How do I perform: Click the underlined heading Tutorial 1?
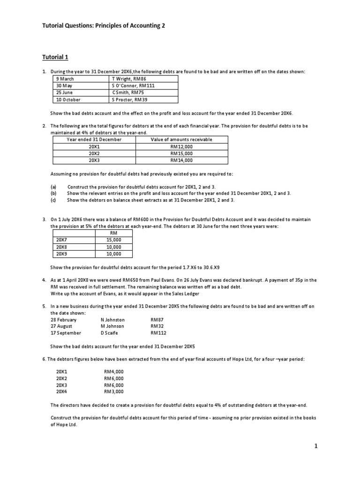click(56, 57)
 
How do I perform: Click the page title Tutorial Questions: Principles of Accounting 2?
click(104, 25)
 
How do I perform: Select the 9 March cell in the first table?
click(65, 79)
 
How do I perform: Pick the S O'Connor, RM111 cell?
click(133, 86)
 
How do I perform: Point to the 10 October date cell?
click(68, 100)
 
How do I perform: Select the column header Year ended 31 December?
click(94, 140)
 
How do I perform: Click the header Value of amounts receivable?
click(181, 140)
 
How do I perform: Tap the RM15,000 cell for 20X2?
click(181, 153)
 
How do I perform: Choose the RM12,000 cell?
click(181, 146)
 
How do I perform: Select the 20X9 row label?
click(61, 254)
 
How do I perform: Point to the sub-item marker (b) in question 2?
click(53, 193)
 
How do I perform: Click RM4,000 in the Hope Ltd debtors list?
click(113, 372)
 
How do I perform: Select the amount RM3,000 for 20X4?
click(113, 391)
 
